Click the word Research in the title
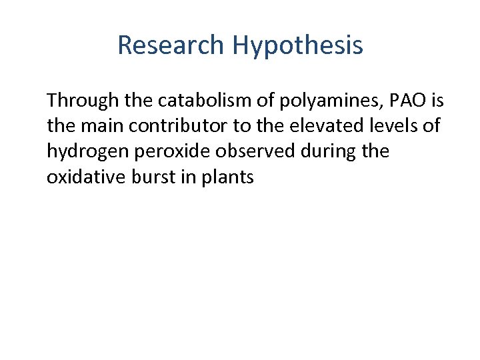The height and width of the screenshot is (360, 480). (171, 45)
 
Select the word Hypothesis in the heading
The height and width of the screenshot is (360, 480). (297, 46)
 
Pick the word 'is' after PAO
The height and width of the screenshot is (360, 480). (437, 101)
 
